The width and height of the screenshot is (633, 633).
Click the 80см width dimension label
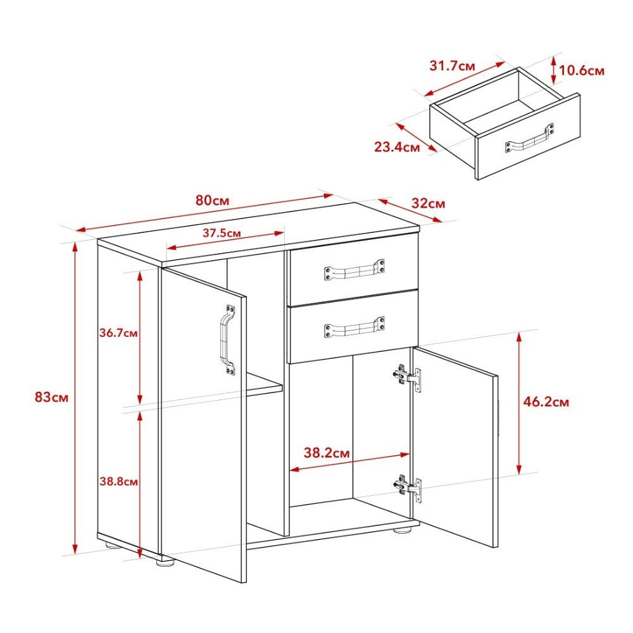coord(212,201)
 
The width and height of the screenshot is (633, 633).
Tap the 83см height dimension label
coord(51,398)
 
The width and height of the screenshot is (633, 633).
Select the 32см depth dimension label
coord(429,204)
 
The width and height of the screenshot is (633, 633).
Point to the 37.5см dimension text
coord(222,232)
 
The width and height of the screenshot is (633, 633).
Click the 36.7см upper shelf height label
coord(119,332)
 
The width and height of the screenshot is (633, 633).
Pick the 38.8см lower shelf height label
coord(119,481)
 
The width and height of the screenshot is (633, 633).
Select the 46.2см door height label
coord(546,401)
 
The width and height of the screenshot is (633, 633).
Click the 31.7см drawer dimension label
coord(453,66)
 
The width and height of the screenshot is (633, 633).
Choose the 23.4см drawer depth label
coord(397,147)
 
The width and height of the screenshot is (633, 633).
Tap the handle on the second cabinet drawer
coord(354,328)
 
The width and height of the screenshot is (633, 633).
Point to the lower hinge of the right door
coord(407,487)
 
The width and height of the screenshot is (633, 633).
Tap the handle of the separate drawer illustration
coord(529,139)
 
